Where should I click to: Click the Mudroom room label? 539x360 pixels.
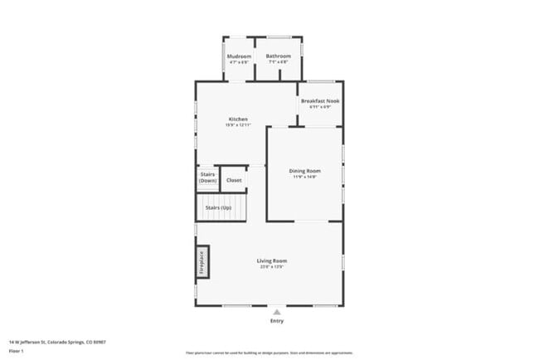point(240,56)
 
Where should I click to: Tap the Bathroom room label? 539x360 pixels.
point(278,56)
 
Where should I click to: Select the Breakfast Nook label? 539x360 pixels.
point(320,100)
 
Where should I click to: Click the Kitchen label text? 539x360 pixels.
point(238,119)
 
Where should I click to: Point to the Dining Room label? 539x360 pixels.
point(304,171)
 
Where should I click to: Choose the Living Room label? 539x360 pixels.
point(272,260)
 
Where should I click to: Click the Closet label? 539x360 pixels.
point(234,180)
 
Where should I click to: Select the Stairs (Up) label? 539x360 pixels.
point(218,207)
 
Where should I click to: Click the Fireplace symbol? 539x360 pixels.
point(202,262)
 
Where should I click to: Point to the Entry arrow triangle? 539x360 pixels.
point(276,312)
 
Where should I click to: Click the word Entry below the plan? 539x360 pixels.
point(276,321)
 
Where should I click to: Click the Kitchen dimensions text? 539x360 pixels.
point(238,125)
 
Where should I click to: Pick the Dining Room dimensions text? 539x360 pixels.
point(304,177)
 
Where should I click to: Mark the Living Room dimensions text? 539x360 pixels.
point(272,266)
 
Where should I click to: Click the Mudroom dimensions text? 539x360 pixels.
point(240,61)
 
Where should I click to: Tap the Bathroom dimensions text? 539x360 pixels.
point(278,61)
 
